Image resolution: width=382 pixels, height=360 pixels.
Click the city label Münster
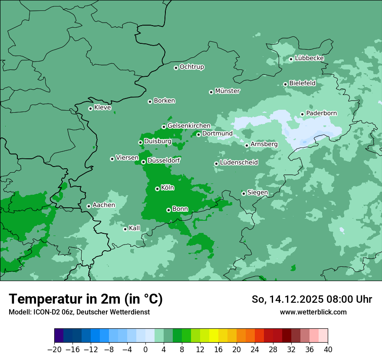click(227, 91)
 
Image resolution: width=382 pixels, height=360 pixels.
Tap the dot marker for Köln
click(157, 189)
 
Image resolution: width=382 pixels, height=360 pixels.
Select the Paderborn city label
click(321, 113)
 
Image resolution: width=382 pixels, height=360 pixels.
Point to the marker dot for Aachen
click(89, 206)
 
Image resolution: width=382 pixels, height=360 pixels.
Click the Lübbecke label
click(309, 58)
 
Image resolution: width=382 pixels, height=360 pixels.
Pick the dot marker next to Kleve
click(90, 108)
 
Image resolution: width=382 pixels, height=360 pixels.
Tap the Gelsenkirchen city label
click(189, 126)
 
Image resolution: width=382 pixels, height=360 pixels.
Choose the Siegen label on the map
click(257, 193)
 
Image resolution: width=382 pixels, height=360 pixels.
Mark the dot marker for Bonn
click(168, 210)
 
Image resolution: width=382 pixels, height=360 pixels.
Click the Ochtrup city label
click(192, 67)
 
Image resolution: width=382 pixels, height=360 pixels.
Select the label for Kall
click(135, 228)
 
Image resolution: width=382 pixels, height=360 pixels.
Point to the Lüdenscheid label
click(239, 163)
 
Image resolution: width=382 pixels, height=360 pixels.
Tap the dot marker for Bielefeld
click(285, 84)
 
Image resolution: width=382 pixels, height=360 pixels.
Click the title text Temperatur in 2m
click(86, 299)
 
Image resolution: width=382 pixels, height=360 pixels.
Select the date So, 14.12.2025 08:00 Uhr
click(312, 299)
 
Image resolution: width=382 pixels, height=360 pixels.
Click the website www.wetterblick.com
click(313, 312)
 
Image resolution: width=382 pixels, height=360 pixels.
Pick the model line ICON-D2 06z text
click(79, 312)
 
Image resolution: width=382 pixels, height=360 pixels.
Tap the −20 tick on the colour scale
click(55, 349)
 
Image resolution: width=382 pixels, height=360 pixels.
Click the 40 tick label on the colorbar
click(328, 349)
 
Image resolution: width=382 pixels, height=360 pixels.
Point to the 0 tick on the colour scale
click(145, 349)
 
